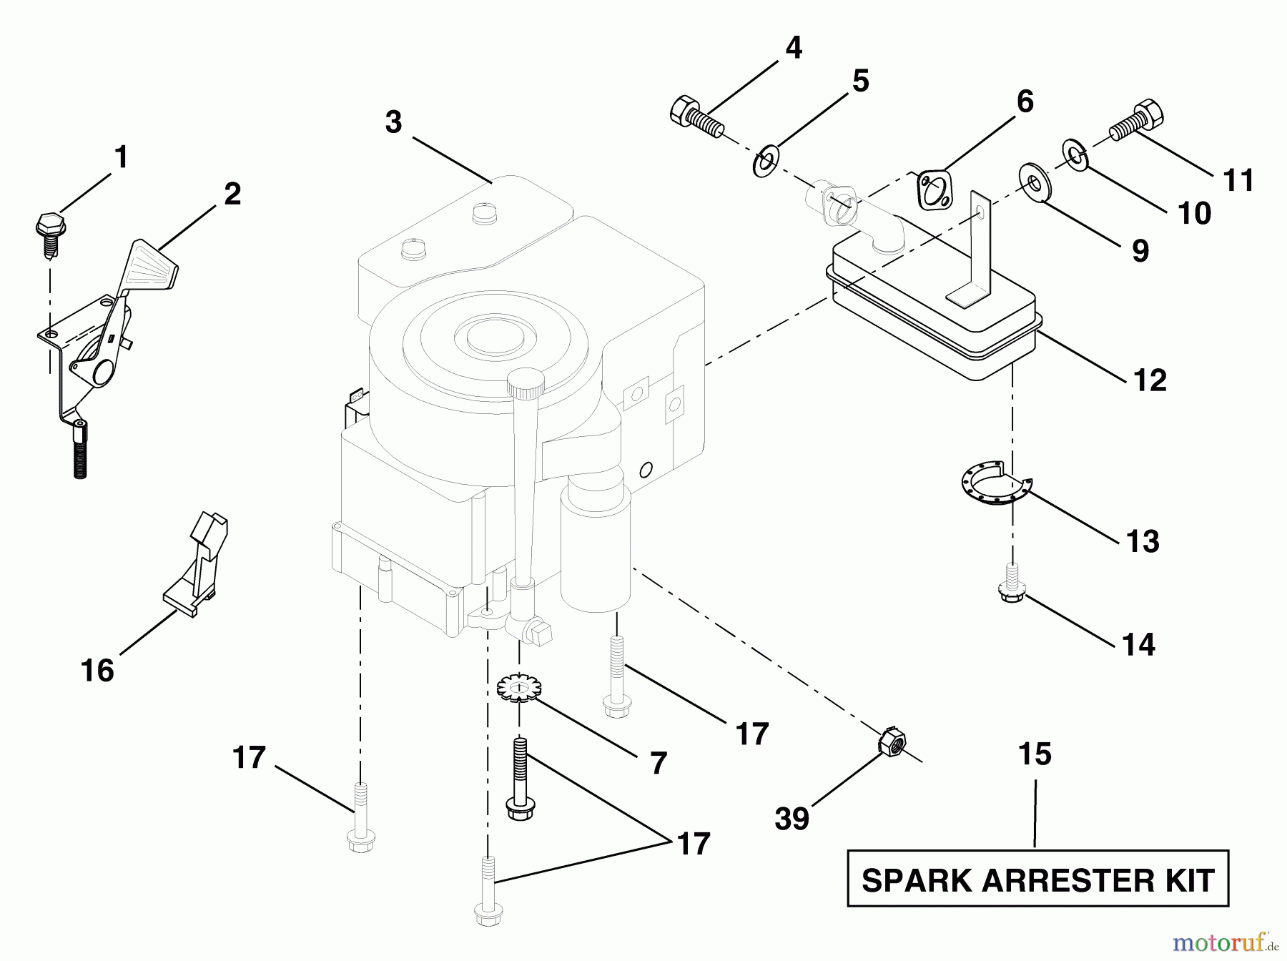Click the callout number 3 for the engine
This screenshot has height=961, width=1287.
(393, 122)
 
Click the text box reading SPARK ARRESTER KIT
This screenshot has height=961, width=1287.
(1037, 879)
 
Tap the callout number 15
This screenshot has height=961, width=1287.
(1035, 754)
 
